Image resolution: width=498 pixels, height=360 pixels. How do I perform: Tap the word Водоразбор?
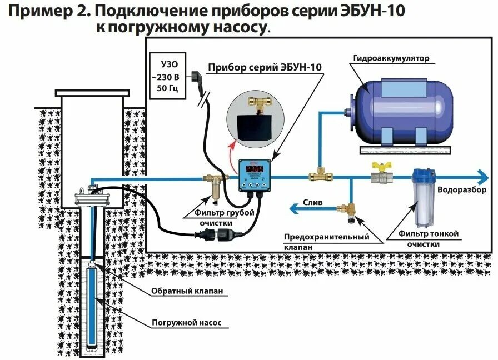point(463,190)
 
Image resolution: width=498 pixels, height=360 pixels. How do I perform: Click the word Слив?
point(312,203)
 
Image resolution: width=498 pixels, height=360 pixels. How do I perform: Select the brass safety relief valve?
point(349,209)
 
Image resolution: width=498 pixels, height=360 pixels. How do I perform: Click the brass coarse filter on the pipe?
point(214,186)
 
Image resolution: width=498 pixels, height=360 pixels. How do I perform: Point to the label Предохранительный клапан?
point(327,242)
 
